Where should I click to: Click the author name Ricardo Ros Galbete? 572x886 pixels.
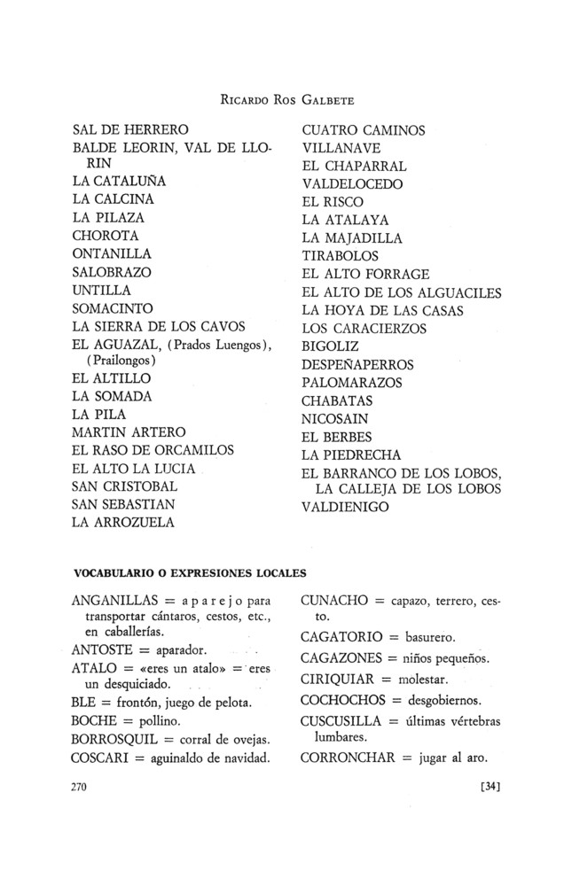click(286, 97)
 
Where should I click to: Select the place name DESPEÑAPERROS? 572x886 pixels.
click(352, 364)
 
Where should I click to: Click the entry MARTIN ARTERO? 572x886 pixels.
click(129, 432)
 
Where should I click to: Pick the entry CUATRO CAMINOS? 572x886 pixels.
click(364, 130)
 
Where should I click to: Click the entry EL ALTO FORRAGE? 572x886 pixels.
click(365, 274)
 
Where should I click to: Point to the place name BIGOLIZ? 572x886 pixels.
click(331, 346)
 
